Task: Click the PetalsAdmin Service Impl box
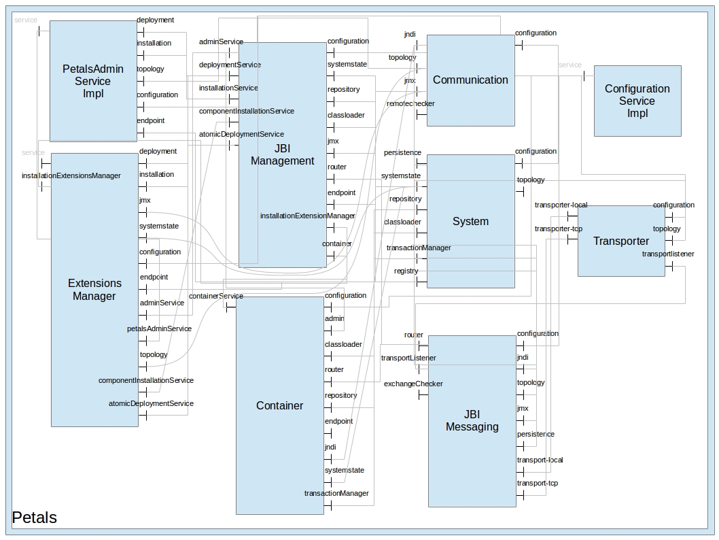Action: pos(93,81)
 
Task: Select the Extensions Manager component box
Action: pos(94,290)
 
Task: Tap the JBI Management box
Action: pos(282,154)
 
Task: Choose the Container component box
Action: pos(279,405)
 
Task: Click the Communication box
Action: pos(470,80)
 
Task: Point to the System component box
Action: pos(470,221)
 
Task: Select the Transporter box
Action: pos(621,241)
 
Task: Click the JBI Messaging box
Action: pos(472,420)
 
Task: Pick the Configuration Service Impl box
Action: pos(637,101)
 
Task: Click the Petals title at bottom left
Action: pos(35,518)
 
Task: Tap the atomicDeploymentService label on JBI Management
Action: pos(241,134)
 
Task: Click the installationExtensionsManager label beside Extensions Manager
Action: pos(71,176)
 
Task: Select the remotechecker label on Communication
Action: pos(410,103)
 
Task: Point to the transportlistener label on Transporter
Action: pos(668,254)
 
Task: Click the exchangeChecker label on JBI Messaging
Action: pos(413,384)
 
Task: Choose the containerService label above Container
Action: pos(215,296)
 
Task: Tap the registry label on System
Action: pos(406,271)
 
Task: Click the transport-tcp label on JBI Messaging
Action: pos(537,484)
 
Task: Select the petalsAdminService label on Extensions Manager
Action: pos(159,329)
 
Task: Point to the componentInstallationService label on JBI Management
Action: pos(246,111)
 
